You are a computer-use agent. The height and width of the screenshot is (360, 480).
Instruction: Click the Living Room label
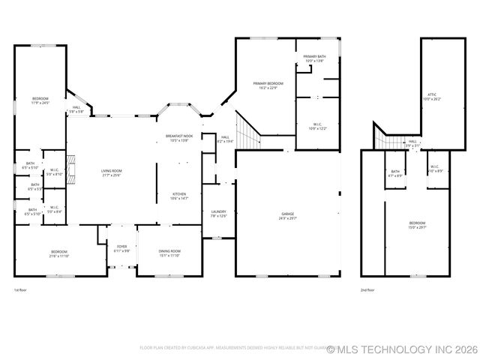pyautogui.click(x=112, y=173)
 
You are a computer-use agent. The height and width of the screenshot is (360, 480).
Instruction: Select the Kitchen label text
pyautogui.click(x=179, y=196)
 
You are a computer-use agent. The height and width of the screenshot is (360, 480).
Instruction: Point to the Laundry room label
pyautogui.click(x=219, y=214)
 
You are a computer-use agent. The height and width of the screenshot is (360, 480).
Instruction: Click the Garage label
pyautogui.click(x=287, y=214)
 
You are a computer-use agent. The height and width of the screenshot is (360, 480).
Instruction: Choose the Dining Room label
pyautogui.click(x=169, y=253)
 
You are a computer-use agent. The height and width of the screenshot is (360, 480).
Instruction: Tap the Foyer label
pyautogui.click(x=121, y=248)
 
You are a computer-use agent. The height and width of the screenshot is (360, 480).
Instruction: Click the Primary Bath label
pyautogui.click(x=314, y=58)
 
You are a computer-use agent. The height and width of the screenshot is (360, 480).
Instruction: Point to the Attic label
pyautogui.click(x=432, y=96)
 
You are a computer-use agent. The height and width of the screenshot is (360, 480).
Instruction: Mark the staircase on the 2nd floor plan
pyautogui.click(x=388, y=139)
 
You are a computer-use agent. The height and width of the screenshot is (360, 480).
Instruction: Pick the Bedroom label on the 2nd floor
pyautogui.click(x=417, y=224)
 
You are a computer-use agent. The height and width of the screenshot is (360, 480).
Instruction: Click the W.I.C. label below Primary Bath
pyautogui.click(x=318, y=127)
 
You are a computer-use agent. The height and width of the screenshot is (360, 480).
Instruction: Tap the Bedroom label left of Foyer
pyautogui.click(x=58, y=253)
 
